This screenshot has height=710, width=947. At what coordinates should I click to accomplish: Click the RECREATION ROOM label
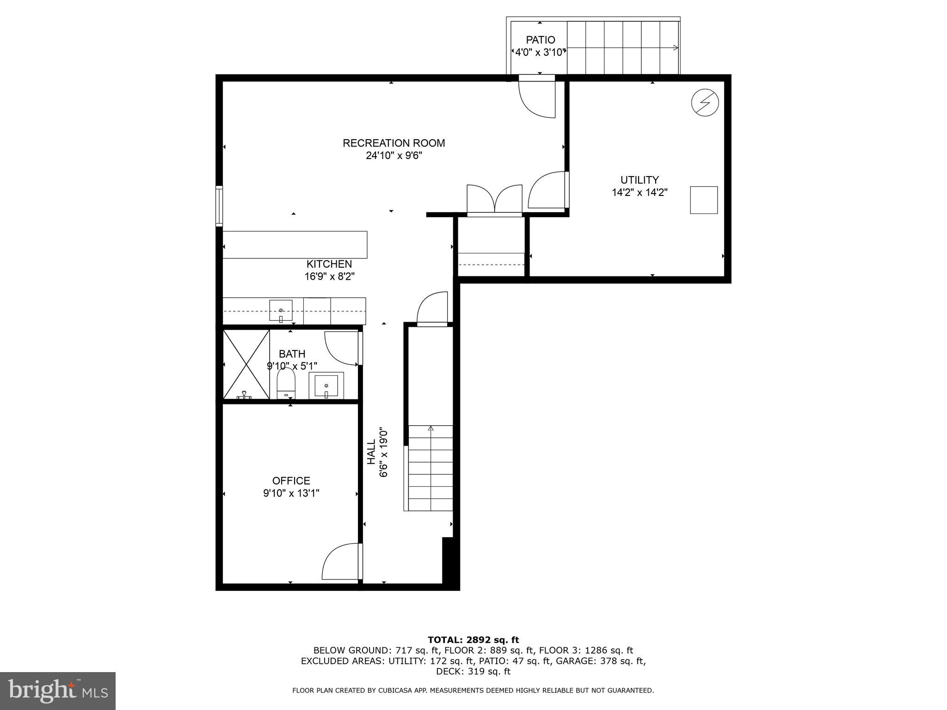394,143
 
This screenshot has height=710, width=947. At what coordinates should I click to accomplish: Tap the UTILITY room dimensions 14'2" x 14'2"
640,193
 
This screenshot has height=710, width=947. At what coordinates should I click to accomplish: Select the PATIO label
540,40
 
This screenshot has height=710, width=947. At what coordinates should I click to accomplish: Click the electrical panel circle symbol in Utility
705,103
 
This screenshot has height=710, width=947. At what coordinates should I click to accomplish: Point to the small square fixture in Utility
704,200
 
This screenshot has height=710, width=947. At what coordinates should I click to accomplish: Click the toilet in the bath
286,384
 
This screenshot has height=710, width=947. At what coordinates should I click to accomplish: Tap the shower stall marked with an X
246,364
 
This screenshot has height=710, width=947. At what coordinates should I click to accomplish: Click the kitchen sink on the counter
281,310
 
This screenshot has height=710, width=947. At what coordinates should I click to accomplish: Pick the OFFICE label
291,481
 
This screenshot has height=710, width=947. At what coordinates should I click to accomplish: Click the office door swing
341,561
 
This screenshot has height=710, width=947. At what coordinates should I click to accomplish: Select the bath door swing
341,348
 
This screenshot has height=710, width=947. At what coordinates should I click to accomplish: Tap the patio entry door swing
536,100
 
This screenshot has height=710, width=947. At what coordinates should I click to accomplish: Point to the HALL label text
371,452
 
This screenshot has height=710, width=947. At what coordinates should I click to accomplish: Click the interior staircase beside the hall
430,468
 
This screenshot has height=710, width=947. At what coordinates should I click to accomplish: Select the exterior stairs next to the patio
622,48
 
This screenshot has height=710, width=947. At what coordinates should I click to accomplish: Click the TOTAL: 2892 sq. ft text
473,640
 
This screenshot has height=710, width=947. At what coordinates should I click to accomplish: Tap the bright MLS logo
58,691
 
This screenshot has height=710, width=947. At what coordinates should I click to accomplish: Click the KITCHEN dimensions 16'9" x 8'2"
329,277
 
